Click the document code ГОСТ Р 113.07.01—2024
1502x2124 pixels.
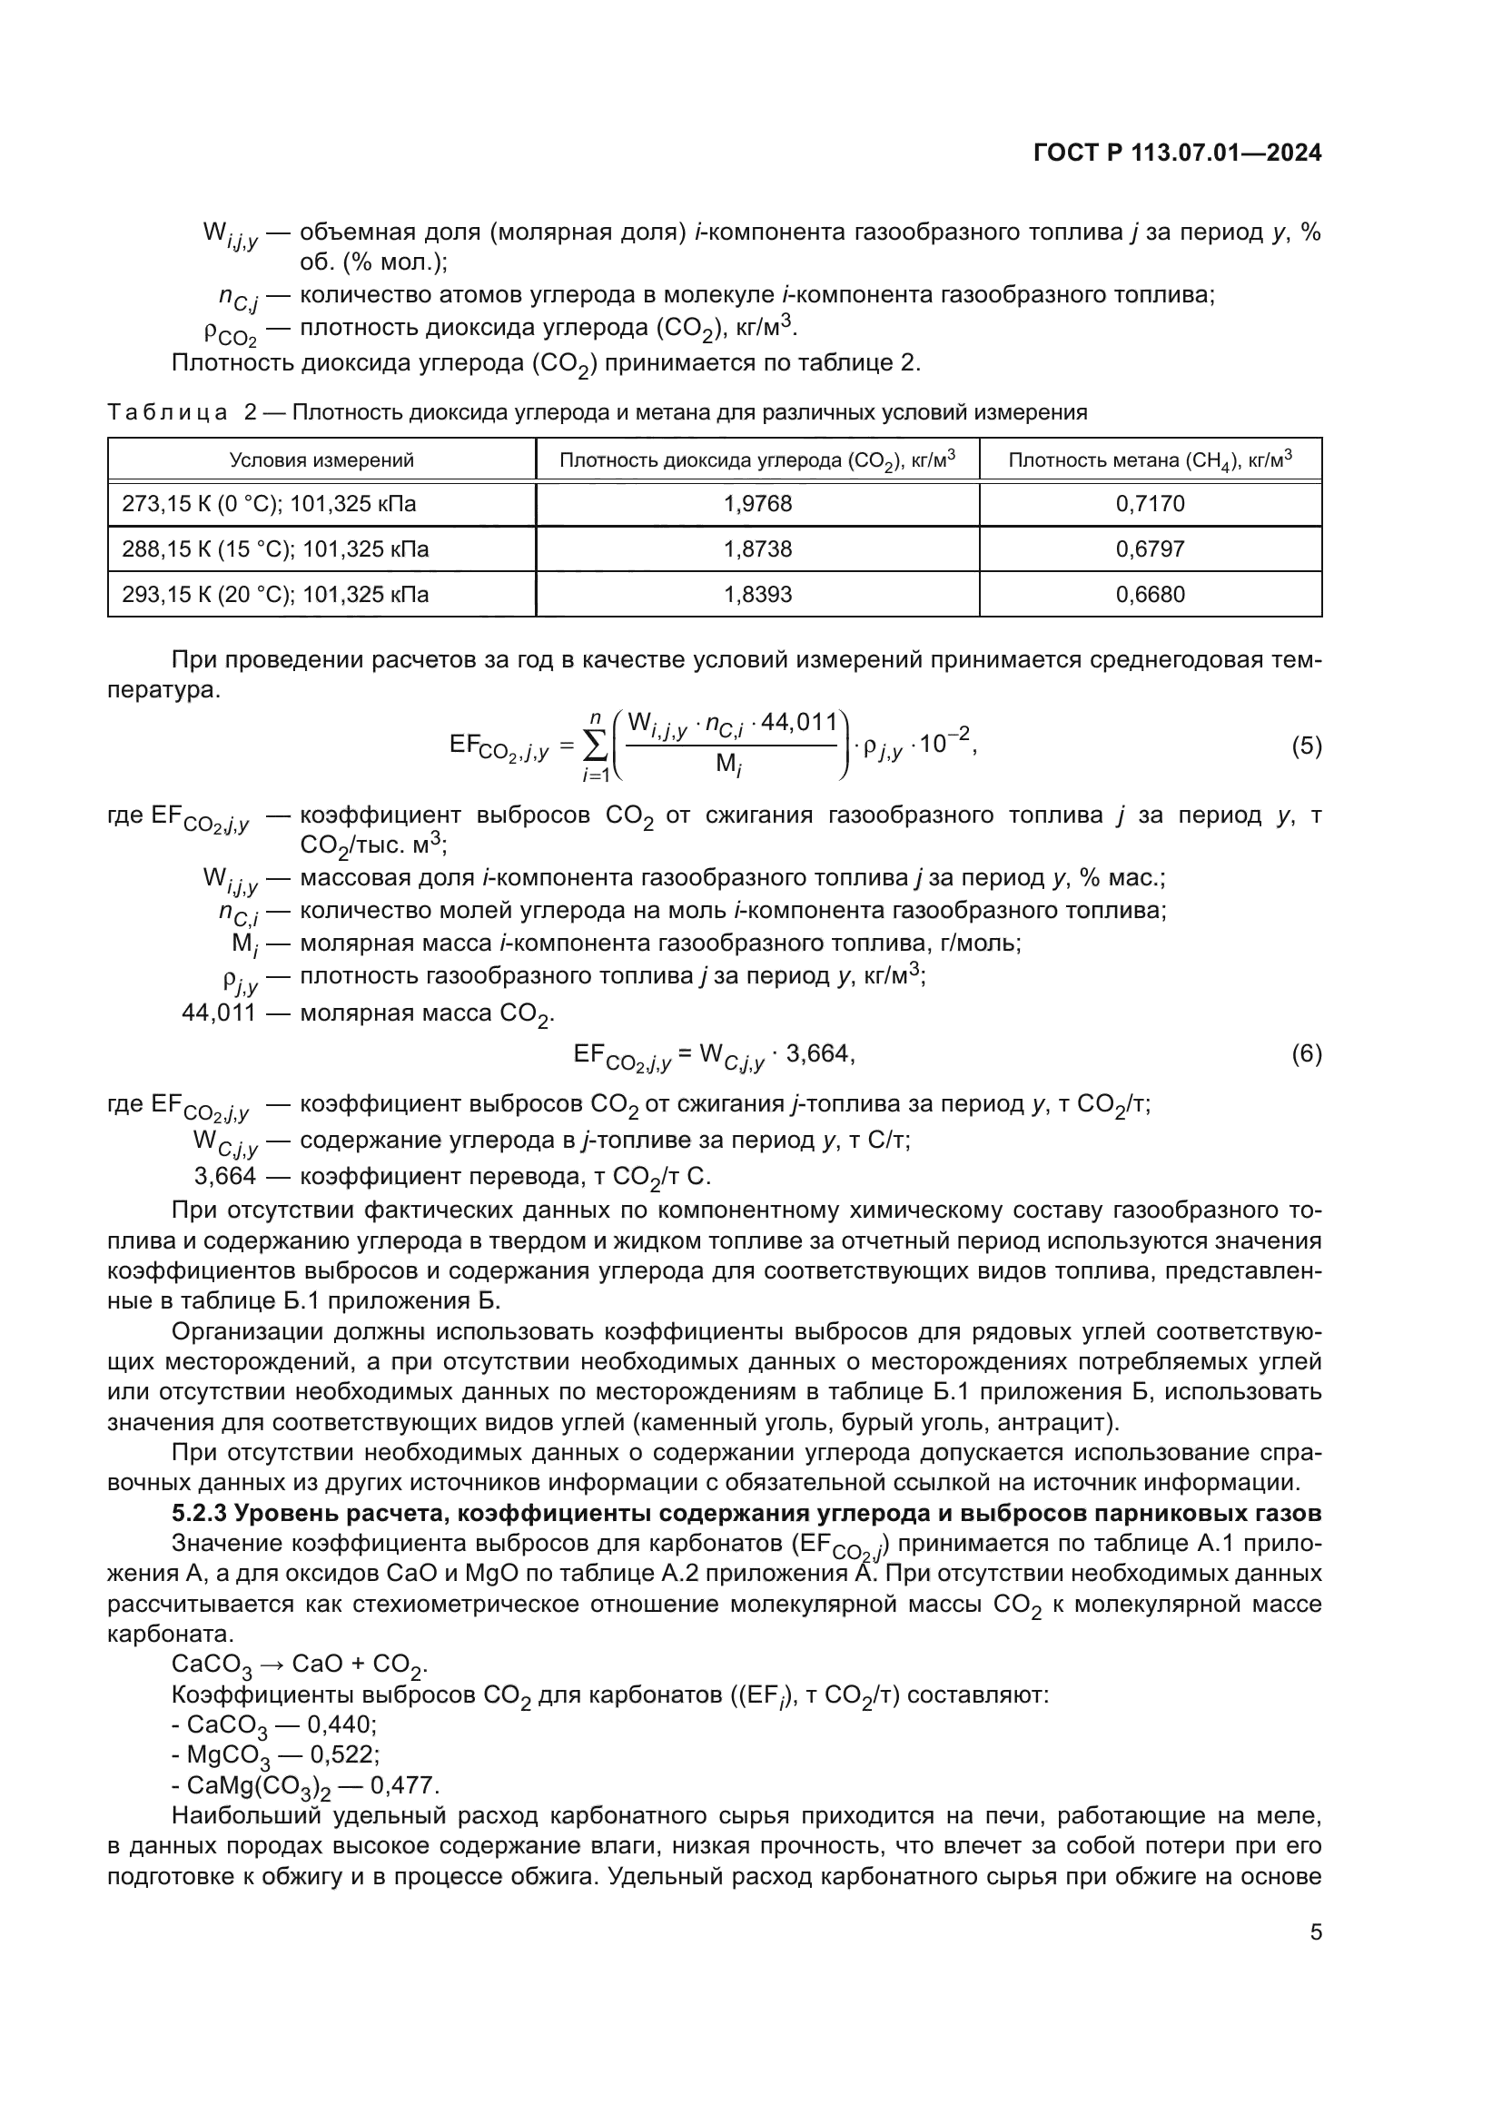(x=1176, y=153)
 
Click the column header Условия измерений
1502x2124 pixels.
(x=321, y=459)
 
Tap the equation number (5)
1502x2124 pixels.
(x=1306, y=746)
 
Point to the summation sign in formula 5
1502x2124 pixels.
(x=597, y=746)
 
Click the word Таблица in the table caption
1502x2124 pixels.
(x=167, y=412)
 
